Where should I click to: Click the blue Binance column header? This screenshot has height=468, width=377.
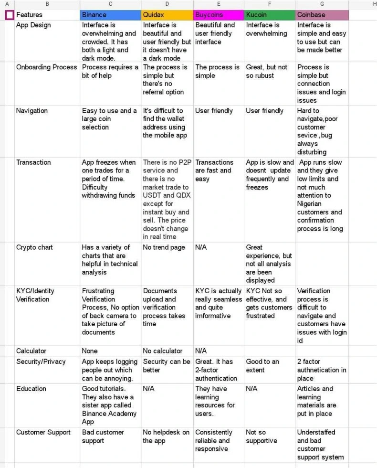[110, 15]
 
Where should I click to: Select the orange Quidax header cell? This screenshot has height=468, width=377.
[167, 15]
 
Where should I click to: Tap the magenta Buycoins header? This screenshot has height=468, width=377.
[219, 15]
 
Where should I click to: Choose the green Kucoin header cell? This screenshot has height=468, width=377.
[270, 15]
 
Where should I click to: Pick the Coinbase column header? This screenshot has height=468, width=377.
[322, 15]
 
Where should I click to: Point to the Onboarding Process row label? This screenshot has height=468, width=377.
[46, 67]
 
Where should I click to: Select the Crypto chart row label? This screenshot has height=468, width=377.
[34, 247]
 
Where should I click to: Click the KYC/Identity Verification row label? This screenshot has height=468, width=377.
[35, 295]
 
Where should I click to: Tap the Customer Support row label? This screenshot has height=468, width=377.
[44, 432]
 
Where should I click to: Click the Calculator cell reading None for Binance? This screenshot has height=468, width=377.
[90, 351]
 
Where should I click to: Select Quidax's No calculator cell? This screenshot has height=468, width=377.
[162, 351]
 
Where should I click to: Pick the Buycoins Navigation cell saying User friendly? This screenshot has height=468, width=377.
[214, 111]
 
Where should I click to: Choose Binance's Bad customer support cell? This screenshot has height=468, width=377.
[103, 436]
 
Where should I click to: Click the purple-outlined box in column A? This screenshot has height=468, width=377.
[10, 15]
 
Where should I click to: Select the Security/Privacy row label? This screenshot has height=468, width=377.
[41, 362]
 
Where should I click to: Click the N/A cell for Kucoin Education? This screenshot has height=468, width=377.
[251, 389]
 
